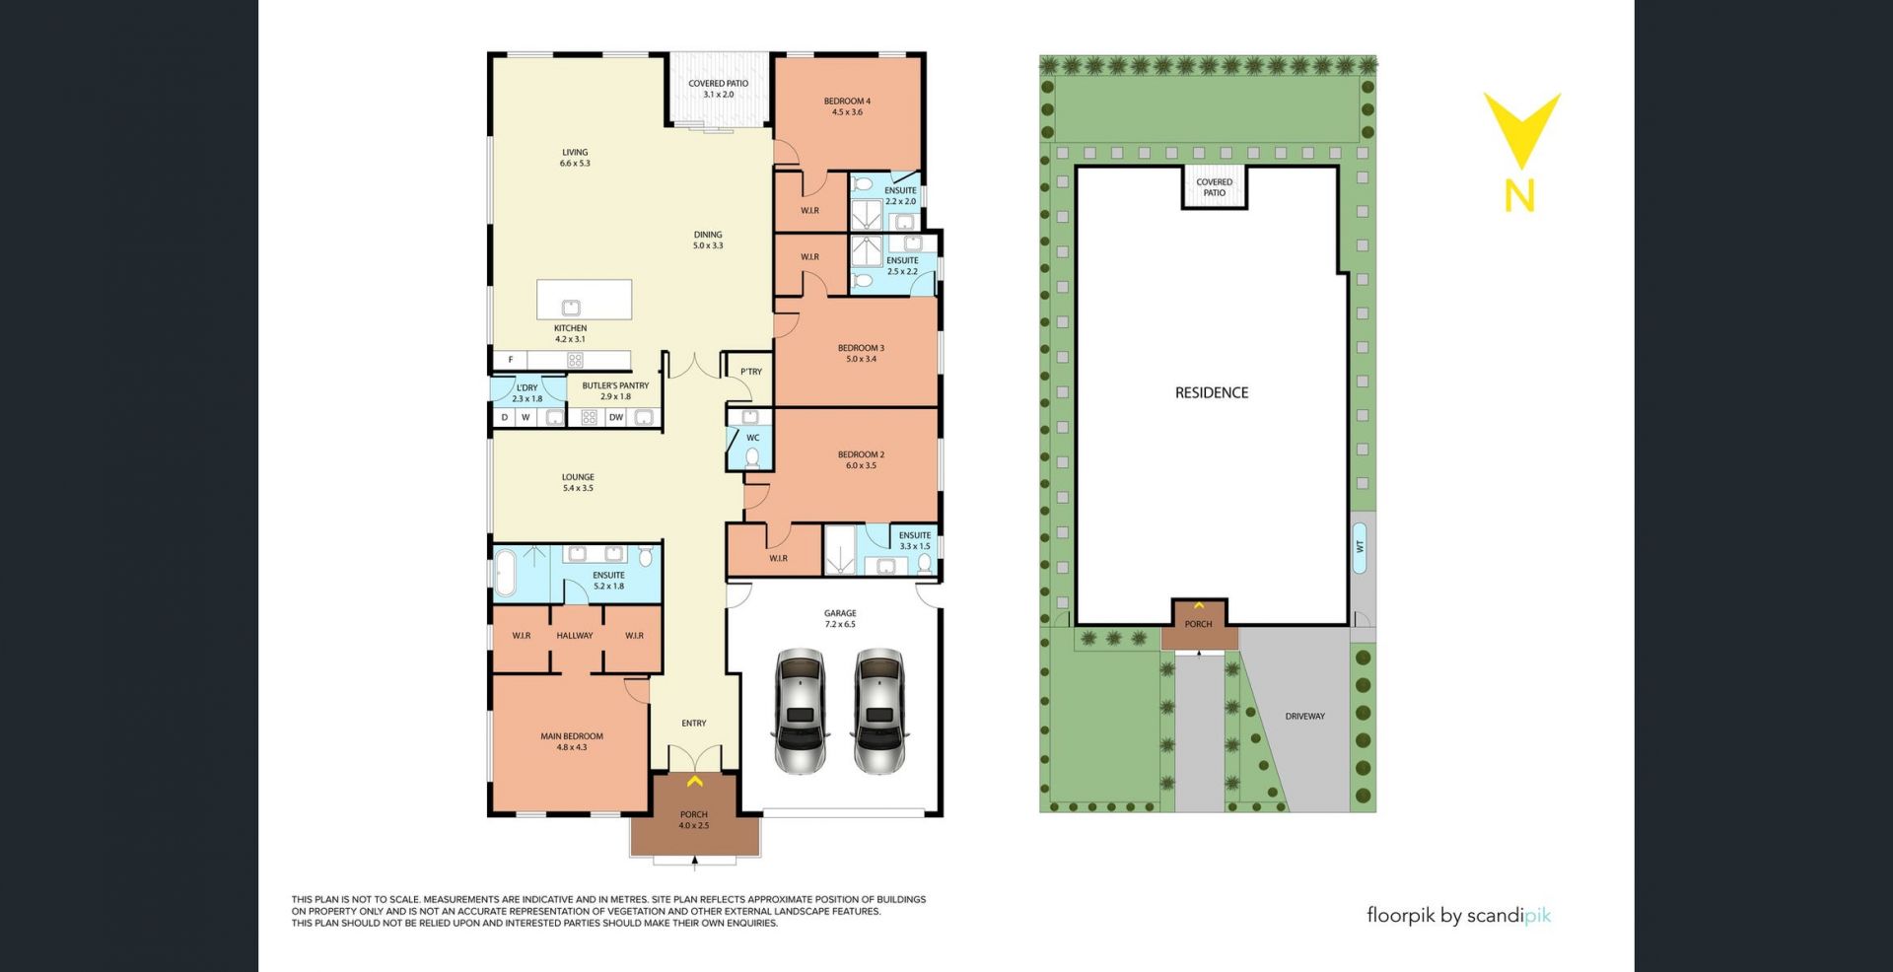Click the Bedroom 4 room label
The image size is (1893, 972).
pyautogui.click(x=847, y=106)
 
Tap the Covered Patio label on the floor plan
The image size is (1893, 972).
pyautogui.click(x=718, y=89)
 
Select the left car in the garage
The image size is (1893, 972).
pyautogui.click(x=800, y=711)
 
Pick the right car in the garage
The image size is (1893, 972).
pyautogui.click(x=878, y=711)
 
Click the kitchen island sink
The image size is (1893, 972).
pyautogui.click(x=570, y=307)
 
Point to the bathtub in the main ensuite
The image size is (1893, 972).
pyautogui.click(x=505, y=574)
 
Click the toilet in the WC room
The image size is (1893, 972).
pyautogui.click(x=752, y=457)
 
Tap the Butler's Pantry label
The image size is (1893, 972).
pyautogui.click(x=615, y=391)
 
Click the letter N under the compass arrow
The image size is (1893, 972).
pyautogui.click(x=1519, y=195)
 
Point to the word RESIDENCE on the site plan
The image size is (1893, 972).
pyautogui.click(x=1212, y=392)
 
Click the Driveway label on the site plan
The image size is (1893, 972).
pyautogui.click(x=1304, y=717)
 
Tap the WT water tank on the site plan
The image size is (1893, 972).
pyautogui.click(x=1361, y=545)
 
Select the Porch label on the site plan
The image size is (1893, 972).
pyautogui.click(x=1198, y=624)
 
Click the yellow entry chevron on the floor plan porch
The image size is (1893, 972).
pyautogui.click(x=694, y=782)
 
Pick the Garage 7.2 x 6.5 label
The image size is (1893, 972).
pyautogui.click(x=840, y=619)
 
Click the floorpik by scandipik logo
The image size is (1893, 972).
pyautogui.click(x=1458, y=916)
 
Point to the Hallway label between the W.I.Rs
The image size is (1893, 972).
pyautogui.click(x=575, y=636)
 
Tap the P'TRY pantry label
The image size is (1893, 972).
pyautogui.click(x=751, y=372)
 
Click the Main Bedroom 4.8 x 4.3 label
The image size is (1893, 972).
pyautogui.click(x=572, y=741)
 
